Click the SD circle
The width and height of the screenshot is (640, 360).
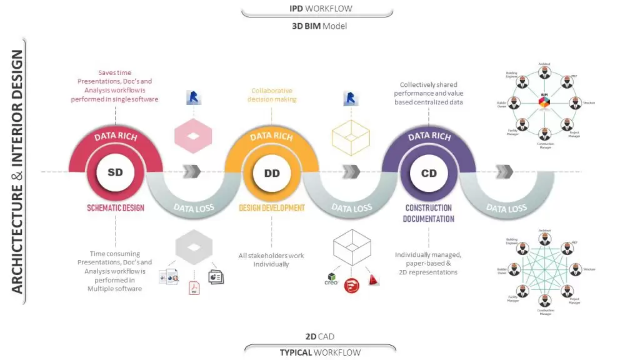pyautogui.click(x=115, y=172)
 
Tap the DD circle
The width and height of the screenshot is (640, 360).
pyautogui.click(x=272, y=172)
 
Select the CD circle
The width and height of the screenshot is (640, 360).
pyautogui.click(x=429, y=172)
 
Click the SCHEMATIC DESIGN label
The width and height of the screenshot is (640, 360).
pyautogui.click(x=115, y=207)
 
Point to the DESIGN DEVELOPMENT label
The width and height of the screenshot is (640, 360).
pyautogui.click(x=272, y=207)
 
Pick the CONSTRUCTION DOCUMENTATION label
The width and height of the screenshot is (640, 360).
pyautogui.click(x=429, y=213)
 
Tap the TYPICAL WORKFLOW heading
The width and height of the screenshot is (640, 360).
pyautogui.click(x=320, y=352)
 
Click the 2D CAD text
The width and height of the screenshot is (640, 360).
pyautogui.click(x=320, y=337)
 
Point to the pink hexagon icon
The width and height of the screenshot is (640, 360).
pyautogui.click(x=194, y=135)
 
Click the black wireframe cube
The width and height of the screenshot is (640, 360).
pyautogui.click(x=350, y=248)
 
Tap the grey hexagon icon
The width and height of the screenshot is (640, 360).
pyautogui.click(x=193, y=244)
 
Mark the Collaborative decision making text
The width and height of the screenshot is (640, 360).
pyautogui.click(x=272, y=95)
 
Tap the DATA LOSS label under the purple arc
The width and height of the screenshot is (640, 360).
pyautogui.click(x=507, y=208)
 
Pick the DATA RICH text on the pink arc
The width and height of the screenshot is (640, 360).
pyautogui.click(x=115, y=136)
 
